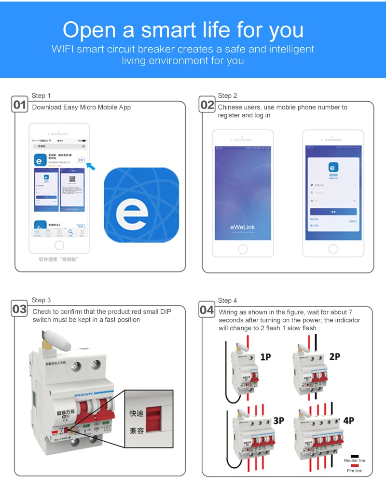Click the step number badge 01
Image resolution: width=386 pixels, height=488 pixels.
click(20, 105)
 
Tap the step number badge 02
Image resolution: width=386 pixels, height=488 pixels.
click(207, 105)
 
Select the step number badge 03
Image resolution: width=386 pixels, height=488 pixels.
click(20, 309)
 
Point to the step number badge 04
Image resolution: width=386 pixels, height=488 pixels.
click(207, 310)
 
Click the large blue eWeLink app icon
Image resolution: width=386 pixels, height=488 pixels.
click(141, 205)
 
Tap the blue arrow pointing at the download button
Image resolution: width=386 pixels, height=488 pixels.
click(90, 166)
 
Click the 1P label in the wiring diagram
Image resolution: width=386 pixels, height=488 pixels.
click(266, 357)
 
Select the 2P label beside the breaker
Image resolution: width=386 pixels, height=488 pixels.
click(334, 357)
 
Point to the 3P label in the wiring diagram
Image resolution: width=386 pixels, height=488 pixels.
click(278, 420)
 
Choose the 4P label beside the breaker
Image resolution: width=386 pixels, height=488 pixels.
click(348, 420)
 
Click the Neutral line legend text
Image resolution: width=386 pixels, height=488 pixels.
click(355, 461)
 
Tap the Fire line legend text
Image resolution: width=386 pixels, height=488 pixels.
click(355, 471)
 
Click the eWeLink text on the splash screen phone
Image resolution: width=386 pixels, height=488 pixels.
click(242, 226)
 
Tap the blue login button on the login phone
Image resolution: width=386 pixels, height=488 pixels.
click(333, 212)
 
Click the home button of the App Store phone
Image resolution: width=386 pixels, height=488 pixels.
click(59, 245)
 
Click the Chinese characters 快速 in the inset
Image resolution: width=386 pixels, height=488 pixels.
click(137, 414)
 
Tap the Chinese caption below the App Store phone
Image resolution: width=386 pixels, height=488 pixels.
click(58, 259)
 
